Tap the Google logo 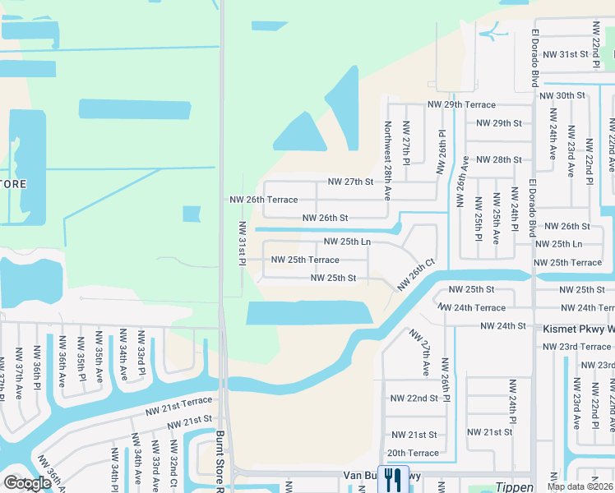28,483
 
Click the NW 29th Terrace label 460,105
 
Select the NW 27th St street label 350,182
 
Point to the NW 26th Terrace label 263,200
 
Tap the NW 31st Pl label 243,242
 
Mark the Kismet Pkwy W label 576,326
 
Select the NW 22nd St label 414,399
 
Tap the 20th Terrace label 413,453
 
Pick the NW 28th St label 499,159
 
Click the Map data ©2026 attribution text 580,486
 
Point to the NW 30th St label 562,95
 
